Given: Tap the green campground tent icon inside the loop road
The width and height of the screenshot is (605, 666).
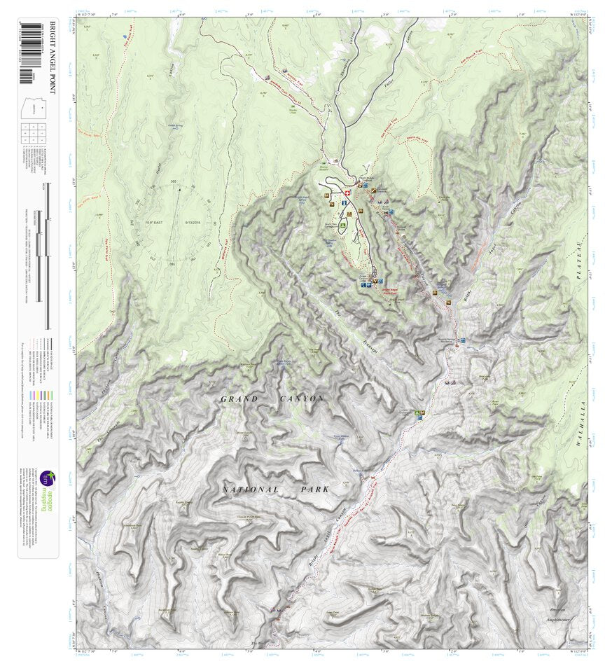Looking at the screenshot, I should (343, 226).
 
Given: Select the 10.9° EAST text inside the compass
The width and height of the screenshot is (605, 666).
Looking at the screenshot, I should (158, 222).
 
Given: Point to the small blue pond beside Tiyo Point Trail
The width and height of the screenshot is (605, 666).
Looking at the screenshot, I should (125, 34).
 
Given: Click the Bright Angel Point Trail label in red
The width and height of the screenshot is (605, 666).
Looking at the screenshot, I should (392, 289).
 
